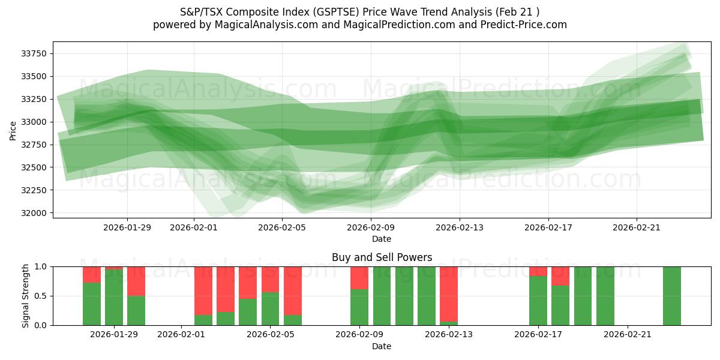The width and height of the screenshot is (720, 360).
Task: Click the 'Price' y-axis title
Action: pos(13,130)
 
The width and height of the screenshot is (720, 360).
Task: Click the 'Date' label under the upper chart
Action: pos(382,239)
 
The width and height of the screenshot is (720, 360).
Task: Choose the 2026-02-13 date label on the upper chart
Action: pos(460,227)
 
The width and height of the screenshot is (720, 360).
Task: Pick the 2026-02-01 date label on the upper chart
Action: pos(194,227)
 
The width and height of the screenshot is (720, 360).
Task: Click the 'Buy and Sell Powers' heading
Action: pos(382,257)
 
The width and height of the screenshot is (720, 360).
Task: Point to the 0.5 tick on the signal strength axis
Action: pos(41,296)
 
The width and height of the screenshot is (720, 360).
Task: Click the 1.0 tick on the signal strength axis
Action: pos(41,266)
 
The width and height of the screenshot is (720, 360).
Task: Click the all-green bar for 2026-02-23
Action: pos(672,296)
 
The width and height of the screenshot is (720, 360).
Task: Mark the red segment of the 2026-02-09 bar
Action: pos(359,277)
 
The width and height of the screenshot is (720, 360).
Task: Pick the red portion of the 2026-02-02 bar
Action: pos(203,290)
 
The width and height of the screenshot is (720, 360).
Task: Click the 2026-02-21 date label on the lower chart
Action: pos(628,334)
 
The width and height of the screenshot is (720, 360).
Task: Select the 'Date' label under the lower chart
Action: pos(382,346)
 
